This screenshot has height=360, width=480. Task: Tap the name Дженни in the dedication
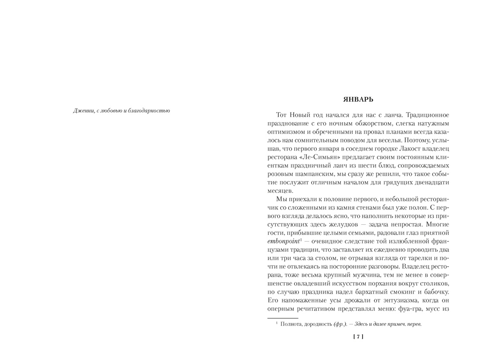82,111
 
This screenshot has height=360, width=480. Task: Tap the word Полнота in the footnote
292,324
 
